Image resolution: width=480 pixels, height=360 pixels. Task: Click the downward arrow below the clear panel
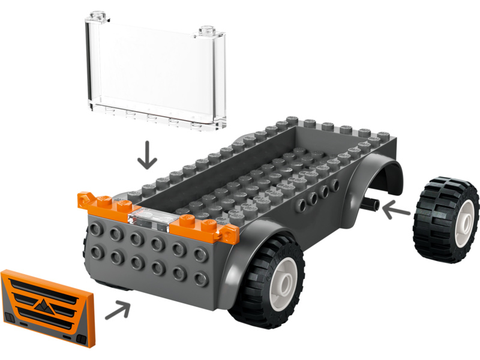146,154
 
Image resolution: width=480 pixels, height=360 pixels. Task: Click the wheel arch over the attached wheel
252,240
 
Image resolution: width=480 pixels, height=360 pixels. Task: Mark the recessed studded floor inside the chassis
258,174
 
